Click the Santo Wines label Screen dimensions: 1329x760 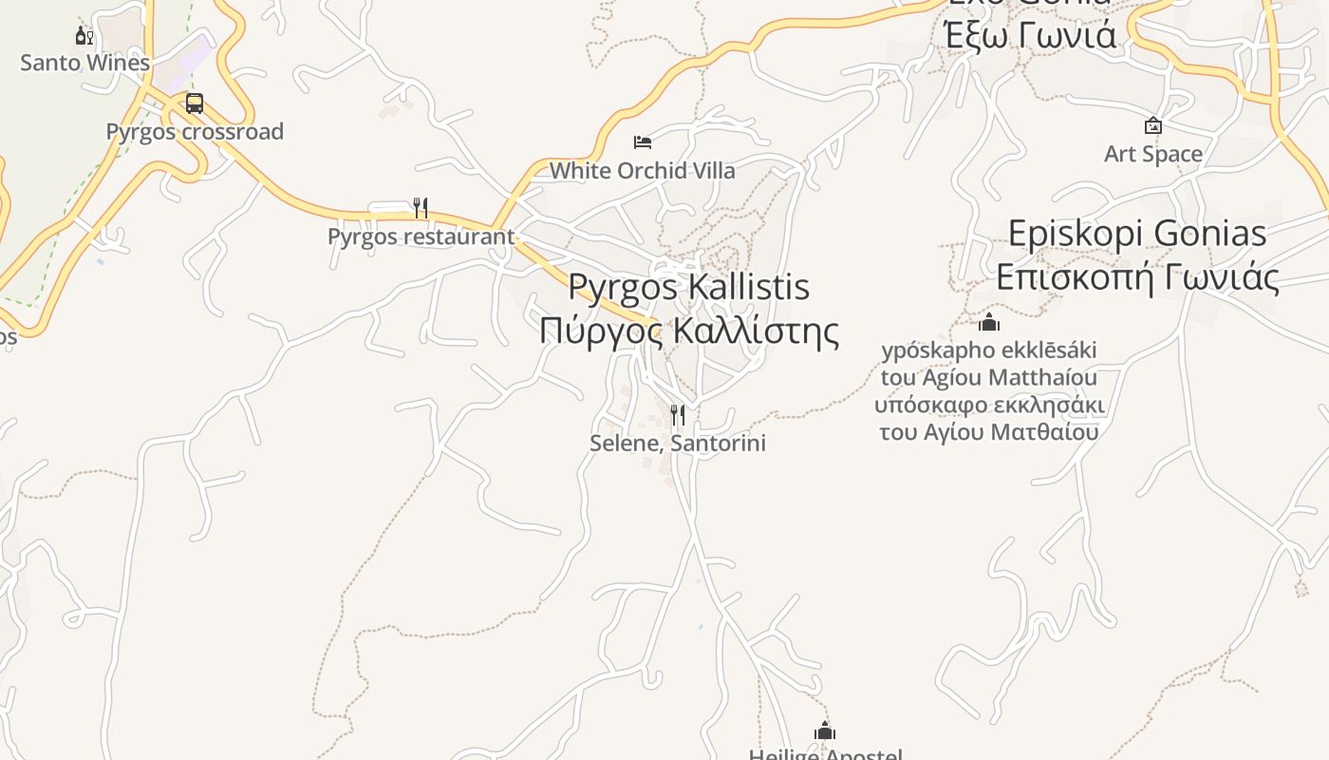tap(85, 64)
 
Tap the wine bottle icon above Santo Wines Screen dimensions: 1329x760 tap(84, 36)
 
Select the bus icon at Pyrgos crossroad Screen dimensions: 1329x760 tap(195, 104)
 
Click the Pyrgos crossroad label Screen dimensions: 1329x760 tap(195, 132)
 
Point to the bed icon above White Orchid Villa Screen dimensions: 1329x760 tap(643, 142)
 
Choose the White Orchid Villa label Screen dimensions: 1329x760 tap(643, 171)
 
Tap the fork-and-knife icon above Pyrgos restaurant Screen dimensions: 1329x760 tap(421, 207)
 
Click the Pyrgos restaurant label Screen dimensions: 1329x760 tap(421, 237)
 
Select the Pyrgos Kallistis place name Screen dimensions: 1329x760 tap(688, 287)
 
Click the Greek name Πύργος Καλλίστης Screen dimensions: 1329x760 tap(689, 331)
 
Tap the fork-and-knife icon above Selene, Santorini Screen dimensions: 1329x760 tap(678, 415)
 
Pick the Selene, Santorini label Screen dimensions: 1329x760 tap(678, 444)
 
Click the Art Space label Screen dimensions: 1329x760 tap(1153, 154)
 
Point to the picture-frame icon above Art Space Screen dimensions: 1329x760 tap(1153, 125)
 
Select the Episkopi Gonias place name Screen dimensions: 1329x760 tap(1137, 234)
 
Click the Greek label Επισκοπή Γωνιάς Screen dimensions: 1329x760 tap(1137, 276)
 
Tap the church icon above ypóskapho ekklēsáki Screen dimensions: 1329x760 tap(989, 322)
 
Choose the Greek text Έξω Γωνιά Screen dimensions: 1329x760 tap(1030, 35)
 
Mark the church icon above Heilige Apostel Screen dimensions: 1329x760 tap(825, 731)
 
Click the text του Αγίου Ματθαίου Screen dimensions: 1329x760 tap(989, 432)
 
